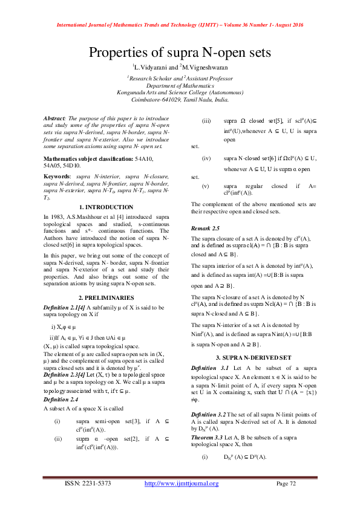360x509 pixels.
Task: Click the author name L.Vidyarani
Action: (152, 67)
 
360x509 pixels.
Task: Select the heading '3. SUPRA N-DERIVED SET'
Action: (254, 357)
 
